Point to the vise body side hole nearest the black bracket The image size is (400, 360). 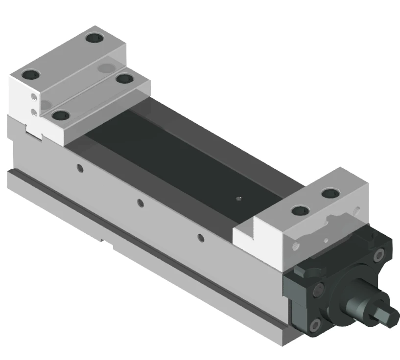200,238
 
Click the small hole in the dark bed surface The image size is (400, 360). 238,199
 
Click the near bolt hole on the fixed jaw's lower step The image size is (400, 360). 60,116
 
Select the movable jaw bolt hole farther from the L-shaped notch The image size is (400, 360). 329,193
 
